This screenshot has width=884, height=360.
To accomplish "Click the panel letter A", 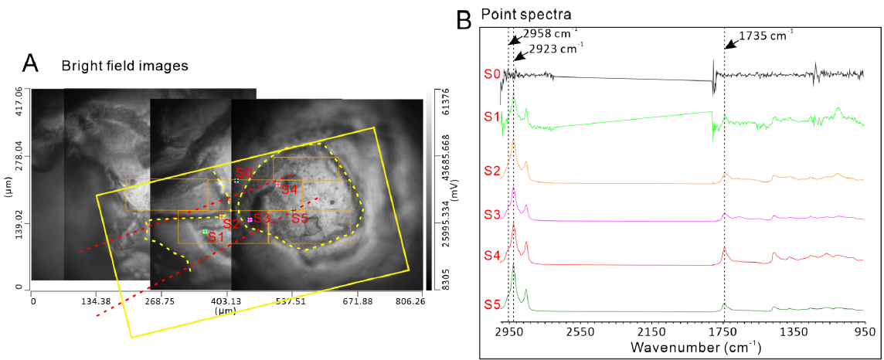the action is point(30,64).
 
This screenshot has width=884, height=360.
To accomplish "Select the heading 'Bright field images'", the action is point(124,66).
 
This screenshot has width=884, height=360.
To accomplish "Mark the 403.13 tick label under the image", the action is point(226,301).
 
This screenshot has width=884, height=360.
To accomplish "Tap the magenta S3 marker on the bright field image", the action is point(249,219).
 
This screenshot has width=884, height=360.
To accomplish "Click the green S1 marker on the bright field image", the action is point(206,231).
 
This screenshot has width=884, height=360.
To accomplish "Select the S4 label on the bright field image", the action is point(289,190).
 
